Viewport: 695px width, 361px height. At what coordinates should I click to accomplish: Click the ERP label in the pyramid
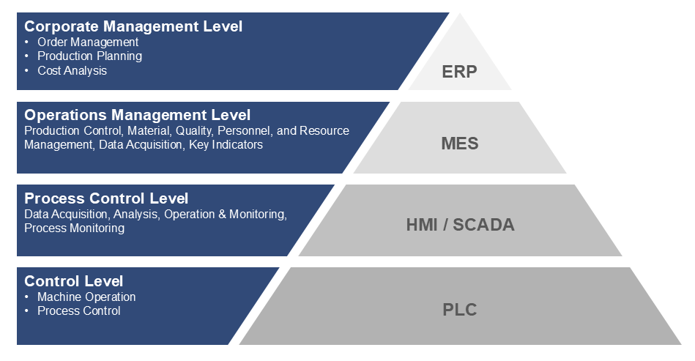click(x=459, y=72)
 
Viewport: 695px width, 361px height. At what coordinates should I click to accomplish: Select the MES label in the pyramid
click(x=459, y=143)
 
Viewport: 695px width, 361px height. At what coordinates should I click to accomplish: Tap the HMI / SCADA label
click(x=460, y=225)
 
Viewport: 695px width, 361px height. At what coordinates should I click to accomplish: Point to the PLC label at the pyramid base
click(x=459, y=310)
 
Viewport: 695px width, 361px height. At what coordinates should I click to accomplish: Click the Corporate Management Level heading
click(x=133, y=26)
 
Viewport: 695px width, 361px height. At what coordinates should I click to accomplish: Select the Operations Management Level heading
click(x=137, y=115)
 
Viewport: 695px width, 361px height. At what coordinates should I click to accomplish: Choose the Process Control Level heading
click(x=106, y=198)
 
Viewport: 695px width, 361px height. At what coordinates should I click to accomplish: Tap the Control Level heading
click(x=73, y=281)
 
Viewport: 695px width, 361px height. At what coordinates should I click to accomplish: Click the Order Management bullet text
click(x=88, y=42)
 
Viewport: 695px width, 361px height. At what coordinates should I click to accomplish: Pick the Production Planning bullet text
click(x=89, y=56)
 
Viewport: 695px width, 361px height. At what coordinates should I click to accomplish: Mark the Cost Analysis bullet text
click(x=72, y=71)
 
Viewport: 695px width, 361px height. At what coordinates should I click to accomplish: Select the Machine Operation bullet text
click(x=86, y=297)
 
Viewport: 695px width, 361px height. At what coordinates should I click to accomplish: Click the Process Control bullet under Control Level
click(x=79, y=311)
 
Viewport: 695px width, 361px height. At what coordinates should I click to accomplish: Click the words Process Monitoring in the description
click(x=74, y=228)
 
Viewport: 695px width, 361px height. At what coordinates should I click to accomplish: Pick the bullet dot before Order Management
click(x=27, y=42)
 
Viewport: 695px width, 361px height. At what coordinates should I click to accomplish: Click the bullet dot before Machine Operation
click(x=27, y=297)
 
